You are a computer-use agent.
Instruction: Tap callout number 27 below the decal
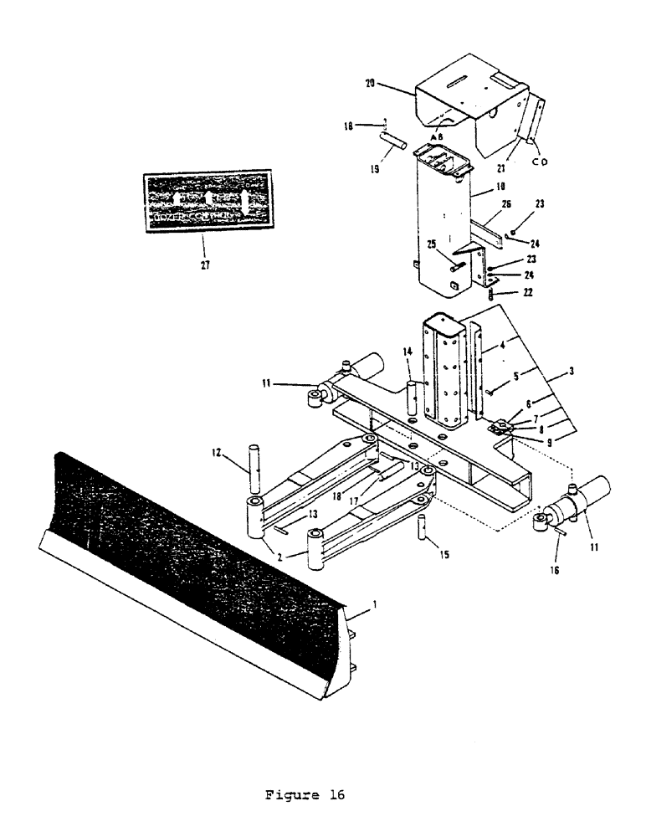click(205, 265)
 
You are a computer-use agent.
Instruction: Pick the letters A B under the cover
click(436, 136)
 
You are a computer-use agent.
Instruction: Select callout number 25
click(432, 245)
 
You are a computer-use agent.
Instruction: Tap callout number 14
click(407, 354)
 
